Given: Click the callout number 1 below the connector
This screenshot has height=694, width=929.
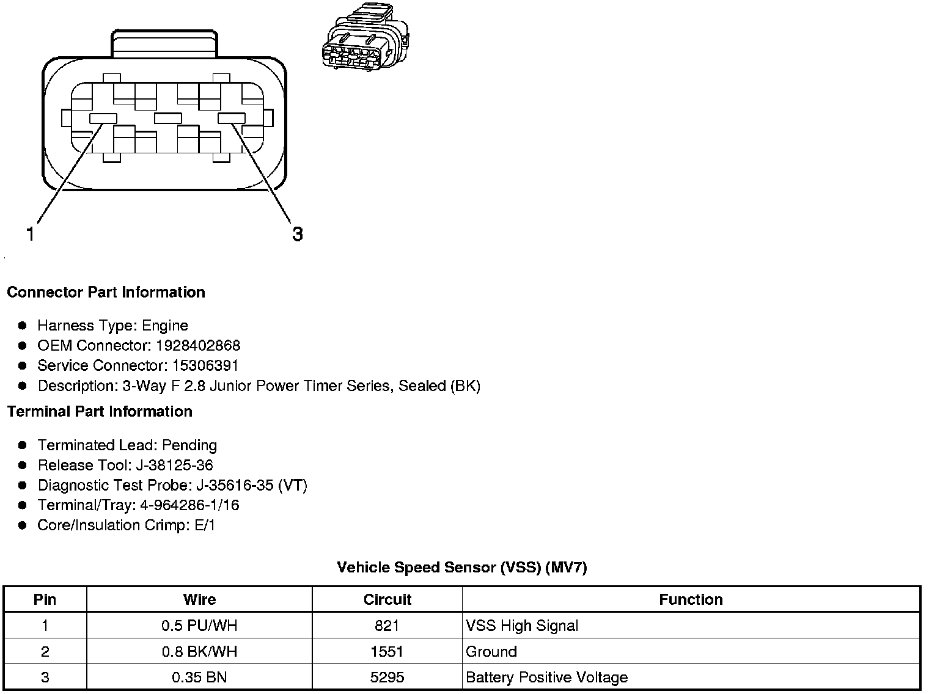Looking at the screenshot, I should [x=30, y=233].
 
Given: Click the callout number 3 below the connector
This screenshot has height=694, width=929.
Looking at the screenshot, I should [x=297, y=234].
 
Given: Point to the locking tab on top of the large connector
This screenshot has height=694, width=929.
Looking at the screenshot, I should [x=164, y=43].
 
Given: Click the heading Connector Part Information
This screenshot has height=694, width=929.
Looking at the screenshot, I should [x=106, y=292].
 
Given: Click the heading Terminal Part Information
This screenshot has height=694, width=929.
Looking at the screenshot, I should [x=100, y=411].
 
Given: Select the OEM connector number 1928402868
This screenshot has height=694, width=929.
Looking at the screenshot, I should [x=198, y=345].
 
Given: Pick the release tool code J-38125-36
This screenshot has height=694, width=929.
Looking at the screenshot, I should [x=174, y=465].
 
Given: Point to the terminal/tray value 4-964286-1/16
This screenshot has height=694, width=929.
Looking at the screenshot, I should [x=189, y=505].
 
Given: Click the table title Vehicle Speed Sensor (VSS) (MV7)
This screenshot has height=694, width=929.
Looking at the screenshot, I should [x=461, y=568].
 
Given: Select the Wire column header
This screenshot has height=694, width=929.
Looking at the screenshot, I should [x=199, y=599].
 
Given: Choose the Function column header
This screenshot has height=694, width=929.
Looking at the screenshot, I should [x=691, y=599].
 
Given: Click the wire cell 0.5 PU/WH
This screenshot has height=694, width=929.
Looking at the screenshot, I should [x=199, y=626].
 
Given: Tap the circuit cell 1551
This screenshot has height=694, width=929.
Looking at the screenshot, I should [x=387, y=651].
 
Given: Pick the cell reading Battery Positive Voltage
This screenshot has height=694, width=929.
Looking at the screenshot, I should [x=546, y=678].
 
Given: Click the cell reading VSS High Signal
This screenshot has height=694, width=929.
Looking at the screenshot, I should [x=522, y=626].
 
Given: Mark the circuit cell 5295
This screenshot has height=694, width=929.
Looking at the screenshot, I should [x=387, y=678].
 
